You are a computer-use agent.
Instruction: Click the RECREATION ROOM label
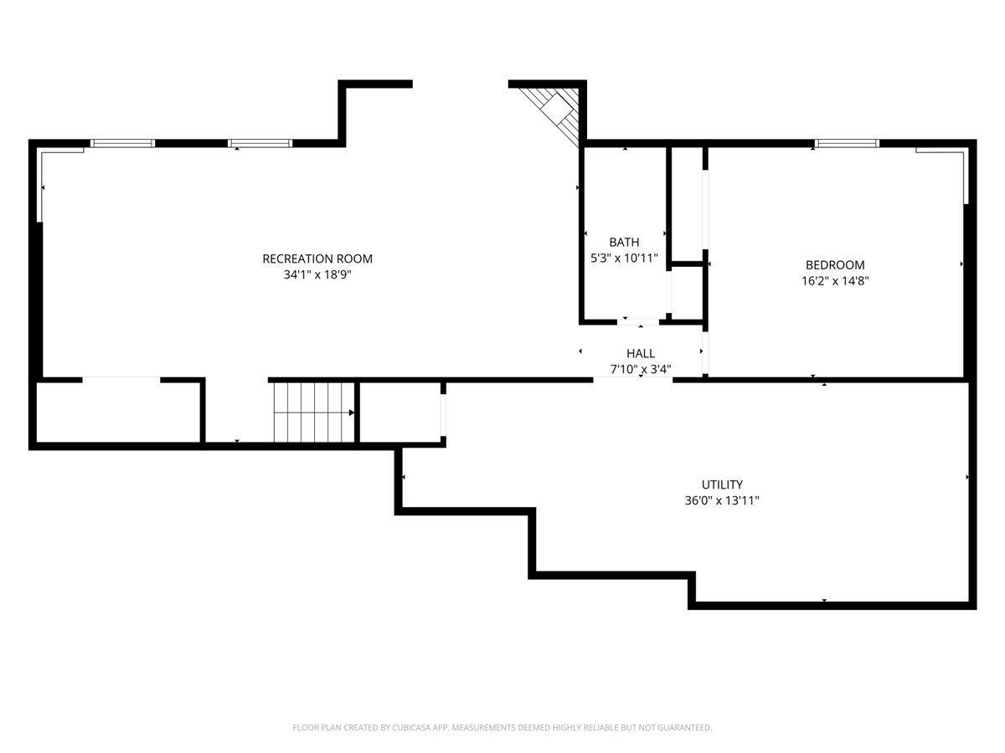(x=317, y=259)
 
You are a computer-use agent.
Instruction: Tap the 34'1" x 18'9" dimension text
(x=317, y=274)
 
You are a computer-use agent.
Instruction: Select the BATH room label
(x=624, y=242)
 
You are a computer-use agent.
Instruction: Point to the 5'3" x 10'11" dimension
(x=624, y=259)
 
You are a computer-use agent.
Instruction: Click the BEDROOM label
(x=835, y=265)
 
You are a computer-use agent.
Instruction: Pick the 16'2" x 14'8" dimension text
(x=835, y=281)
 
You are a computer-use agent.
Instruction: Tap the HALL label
(x=641, y=353)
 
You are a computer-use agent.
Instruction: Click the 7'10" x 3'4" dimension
(x=641, y=370)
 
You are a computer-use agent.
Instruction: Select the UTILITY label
(x=722, y=484)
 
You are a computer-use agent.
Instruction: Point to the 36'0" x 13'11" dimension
(x=722, y=500)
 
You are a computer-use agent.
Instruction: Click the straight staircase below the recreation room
(x=314, y=412)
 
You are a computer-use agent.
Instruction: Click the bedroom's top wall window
(x=847, y=143)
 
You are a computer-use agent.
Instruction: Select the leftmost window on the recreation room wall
(x=122, y=143)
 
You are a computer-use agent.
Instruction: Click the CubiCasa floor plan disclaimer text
(x=502, y=727)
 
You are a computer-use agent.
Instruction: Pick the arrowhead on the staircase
(x=352, y=412)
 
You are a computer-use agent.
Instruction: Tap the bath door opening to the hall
(x=638, y=322)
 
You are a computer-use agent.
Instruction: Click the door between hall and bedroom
(x=705, y=352)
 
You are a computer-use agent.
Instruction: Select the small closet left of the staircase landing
(x=118, y=412)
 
